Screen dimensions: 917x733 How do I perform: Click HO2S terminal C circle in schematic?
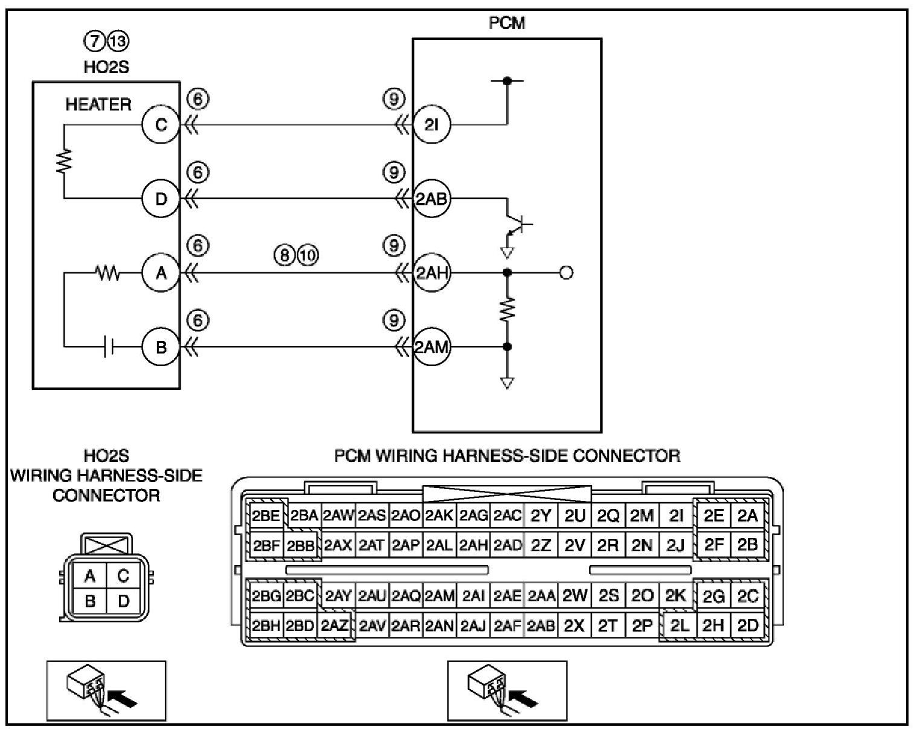[x=161, y=124]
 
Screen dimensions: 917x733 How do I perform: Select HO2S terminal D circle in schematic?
[x=161, y=199]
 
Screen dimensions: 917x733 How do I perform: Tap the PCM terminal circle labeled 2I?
[x=432, y=124]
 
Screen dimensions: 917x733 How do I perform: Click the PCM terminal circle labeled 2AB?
[x=432, y=199]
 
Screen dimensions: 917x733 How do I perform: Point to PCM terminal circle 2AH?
[x=432, y=272]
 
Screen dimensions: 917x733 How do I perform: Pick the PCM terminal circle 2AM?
[x=432, y=347]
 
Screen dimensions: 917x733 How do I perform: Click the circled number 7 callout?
[x=94, y=41]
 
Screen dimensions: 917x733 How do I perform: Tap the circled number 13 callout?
[x=118, y=41]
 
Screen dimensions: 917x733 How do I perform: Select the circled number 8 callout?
[x=285, y=255]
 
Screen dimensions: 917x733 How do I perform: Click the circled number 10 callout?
[x=308, y=255]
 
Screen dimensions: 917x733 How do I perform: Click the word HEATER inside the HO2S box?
[x=98, y=105]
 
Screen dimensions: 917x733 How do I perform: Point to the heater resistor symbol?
[x=65, y=161]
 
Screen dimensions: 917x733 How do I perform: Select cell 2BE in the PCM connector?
[x=266, y=516]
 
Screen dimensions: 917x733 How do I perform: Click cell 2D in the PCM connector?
[x=748, y=626]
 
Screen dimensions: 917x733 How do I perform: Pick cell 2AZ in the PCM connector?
[x=335, y=626]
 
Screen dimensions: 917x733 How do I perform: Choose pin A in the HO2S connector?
[x=90, y=576]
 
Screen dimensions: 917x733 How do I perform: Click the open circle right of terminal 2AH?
[x=566, y=272]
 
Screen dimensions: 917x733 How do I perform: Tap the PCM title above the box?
[x=507, y=23]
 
